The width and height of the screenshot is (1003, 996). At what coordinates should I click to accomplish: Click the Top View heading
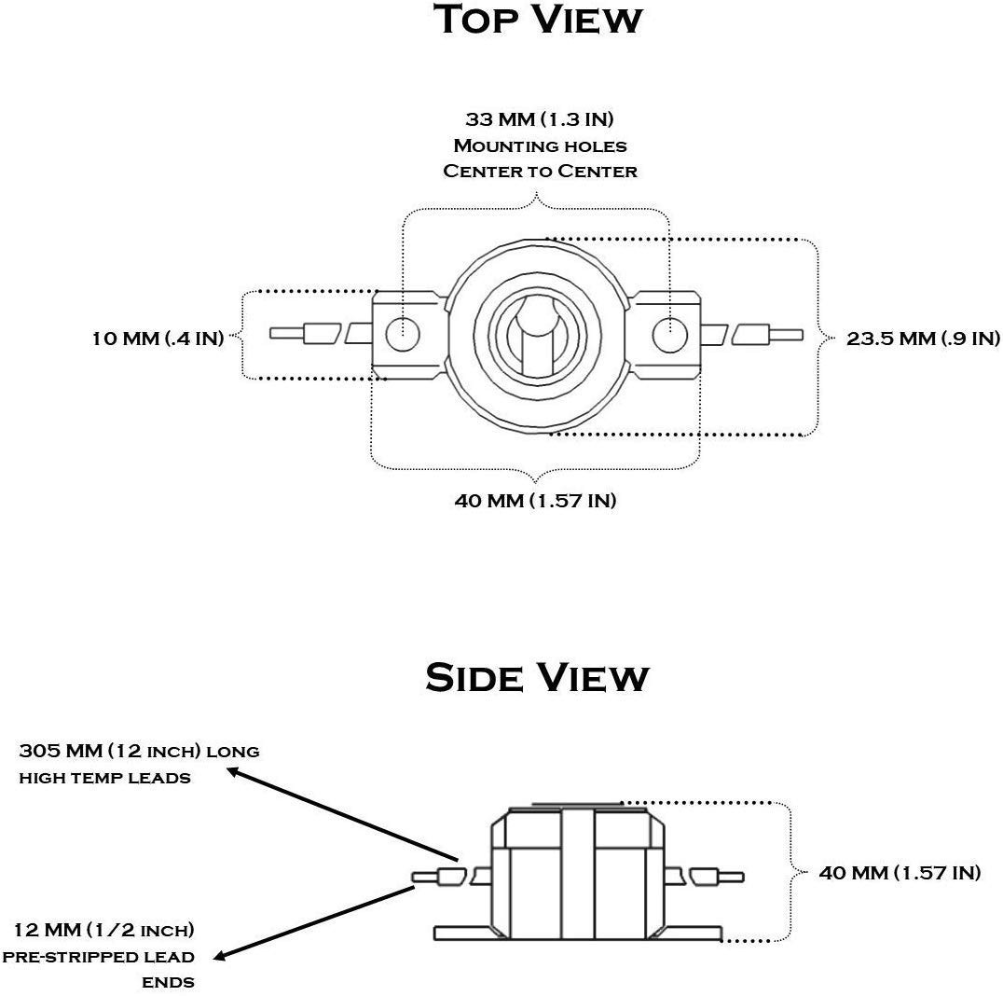(538, 20)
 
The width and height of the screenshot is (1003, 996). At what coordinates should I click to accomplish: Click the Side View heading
(537, 677)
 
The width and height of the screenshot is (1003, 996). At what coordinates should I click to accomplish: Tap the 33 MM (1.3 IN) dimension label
(539, 119)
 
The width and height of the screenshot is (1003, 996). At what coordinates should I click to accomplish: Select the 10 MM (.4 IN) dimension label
(158, 338)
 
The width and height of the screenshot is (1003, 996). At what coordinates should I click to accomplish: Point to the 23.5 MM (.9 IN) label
(923, 338)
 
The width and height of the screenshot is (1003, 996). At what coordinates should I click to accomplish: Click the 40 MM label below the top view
(535, 500)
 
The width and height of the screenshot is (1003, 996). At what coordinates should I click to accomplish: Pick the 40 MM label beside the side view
(900, 873)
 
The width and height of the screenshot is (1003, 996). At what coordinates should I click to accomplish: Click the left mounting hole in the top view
(403, 334)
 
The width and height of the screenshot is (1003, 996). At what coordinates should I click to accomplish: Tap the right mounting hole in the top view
(669, 334)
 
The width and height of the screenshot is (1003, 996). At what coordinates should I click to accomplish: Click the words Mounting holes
(540, 145)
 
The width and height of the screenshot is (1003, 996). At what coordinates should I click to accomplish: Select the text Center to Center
(540, 171)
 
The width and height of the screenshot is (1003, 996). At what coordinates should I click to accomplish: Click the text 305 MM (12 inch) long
(140, 751)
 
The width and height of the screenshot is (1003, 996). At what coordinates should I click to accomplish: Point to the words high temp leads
(105, 778)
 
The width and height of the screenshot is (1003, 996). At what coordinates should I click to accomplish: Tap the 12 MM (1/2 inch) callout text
(104, 930)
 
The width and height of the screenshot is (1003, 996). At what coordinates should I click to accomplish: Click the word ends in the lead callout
(168, 982)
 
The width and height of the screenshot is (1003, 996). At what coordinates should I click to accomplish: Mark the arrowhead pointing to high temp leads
(235, 772)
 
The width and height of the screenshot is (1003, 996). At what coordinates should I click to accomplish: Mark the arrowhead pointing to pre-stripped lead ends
(221, 956)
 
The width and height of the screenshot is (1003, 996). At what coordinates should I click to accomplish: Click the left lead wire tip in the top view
(271, 334)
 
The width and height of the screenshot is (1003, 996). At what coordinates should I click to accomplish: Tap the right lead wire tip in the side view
(742, 877)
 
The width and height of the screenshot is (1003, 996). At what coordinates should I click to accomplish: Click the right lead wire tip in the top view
(801, 335)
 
